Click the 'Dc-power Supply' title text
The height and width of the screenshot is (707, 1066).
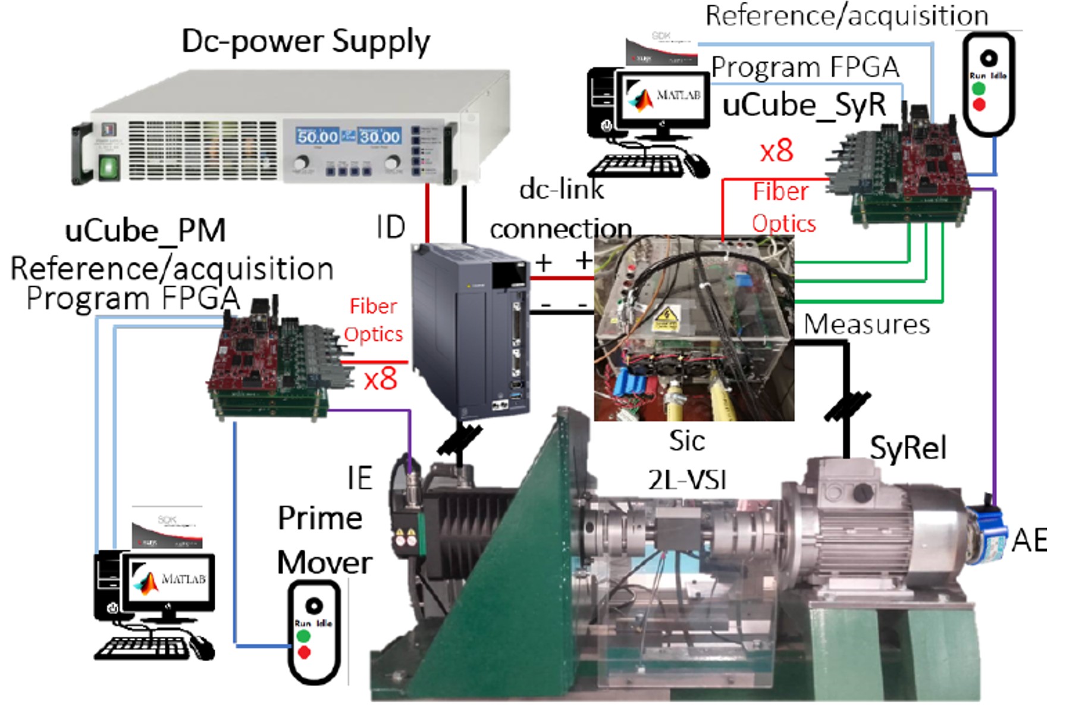pos(305,42)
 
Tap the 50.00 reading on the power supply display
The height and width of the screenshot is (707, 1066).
pos(318,137)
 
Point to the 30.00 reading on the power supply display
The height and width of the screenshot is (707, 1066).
pos(379,137)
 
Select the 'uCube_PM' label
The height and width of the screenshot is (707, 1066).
pos(145,230)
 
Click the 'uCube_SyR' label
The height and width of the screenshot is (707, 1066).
pos(804,106)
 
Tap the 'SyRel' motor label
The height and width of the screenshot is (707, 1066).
pos(908,448)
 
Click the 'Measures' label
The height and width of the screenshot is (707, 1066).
pos(866,324)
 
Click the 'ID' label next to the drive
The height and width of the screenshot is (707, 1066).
pos(391,227)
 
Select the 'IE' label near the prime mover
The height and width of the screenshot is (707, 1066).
pos(360,478)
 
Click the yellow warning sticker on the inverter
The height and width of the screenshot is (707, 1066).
pos(664,317)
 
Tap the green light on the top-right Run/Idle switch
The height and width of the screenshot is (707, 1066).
pos(979,89)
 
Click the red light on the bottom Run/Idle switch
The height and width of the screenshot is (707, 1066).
pos(304,653)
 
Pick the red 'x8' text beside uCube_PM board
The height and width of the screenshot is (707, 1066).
pos(380,378)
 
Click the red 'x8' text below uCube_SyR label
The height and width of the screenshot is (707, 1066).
pos(776,151)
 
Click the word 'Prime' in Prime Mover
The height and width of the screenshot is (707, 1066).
pos(320,518)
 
